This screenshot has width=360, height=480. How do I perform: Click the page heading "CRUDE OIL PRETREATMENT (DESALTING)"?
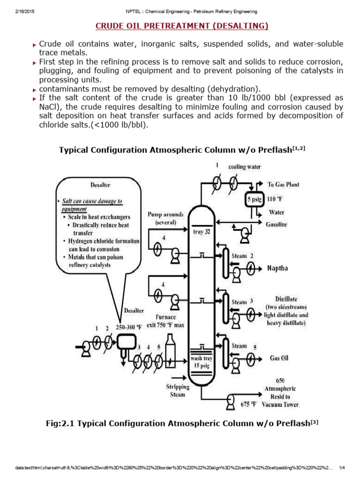(182, 26)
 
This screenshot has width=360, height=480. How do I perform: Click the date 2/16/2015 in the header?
(18, 11)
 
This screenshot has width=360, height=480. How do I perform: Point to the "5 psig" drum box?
(255, 198)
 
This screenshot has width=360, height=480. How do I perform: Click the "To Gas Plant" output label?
(284, 184)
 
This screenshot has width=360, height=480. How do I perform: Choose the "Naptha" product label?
(277, 268)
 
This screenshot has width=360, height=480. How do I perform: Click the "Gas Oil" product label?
(279, 359)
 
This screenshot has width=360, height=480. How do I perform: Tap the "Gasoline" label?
(277, 225)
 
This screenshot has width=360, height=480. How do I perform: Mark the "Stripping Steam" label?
(178, 390)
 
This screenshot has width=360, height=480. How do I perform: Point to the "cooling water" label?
(245, 166)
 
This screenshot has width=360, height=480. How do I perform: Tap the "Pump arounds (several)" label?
(165, 218)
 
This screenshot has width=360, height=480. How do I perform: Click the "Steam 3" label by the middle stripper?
(242, 302)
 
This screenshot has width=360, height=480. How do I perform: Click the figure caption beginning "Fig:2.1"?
(182, 423)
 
